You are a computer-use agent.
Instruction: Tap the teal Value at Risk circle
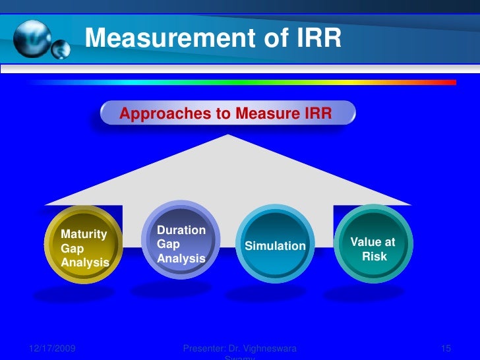(373, 244)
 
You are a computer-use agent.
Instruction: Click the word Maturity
(84, 233)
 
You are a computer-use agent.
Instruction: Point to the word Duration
(181, 230)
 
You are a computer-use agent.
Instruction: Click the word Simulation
(276, 246)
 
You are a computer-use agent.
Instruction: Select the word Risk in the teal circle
(375, 256)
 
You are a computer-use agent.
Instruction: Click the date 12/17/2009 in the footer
(52, 347)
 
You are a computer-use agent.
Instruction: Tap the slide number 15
(444, 347)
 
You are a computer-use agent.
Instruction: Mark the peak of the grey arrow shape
(228, 136)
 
